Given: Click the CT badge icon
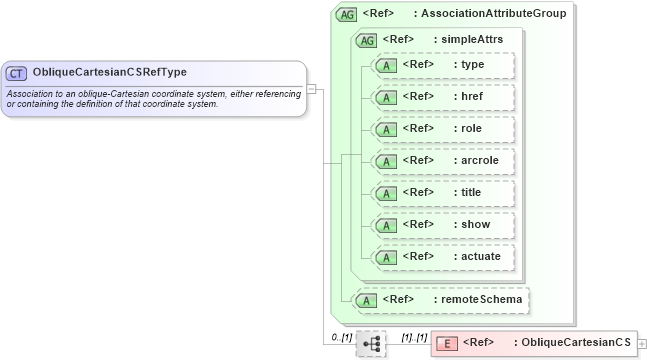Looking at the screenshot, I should click(17, 73).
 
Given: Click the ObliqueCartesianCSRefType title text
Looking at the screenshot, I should click(109, 73).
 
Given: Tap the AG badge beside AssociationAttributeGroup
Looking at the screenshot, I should click(347, 14).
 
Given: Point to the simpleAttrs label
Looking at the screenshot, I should click(472, 40).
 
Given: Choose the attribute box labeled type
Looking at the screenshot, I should click(443, 65).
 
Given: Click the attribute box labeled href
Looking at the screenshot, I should click(443, 97).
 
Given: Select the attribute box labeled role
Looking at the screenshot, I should click(443, 129).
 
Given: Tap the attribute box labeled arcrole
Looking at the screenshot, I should click(443, 161).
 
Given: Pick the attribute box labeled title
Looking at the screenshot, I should click(443, 193).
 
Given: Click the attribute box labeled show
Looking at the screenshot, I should click(443, 225).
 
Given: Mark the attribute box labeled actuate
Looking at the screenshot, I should click(443, 257).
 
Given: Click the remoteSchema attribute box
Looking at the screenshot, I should click(439, 299).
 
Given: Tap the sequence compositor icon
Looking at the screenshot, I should click(371, 344).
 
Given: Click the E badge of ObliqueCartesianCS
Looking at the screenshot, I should click(448, 343).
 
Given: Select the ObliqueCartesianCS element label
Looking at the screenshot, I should click(572, 343).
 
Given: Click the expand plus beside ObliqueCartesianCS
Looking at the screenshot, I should click(642, 344).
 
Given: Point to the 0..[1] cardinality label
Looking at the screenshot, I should click(341, 337).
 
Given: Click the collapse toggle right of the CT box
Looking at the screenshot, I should click(311, 88).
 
